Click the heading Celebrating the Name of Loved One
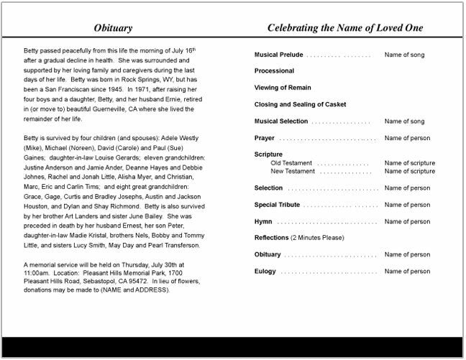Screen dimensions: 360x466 pos(344,28)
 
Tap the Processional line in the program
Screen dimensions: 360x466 pos(274,71)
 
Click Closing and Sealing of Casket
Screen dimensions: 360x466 pos(300,104)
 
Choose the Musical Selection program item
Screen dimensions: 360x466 pos(283,121)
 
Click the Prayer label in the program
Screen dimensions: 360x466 pos(265,138)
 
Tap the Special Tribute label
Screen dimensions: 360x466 pos(277,205)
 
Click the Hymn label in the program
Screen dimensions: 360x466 pos(263,222)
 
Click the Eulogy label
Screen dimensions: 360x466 pos(265,272)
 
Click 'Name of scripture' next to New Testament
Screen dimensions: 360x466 pos(410,171)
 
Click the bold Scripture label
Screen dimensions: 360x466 pos(268,154)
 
